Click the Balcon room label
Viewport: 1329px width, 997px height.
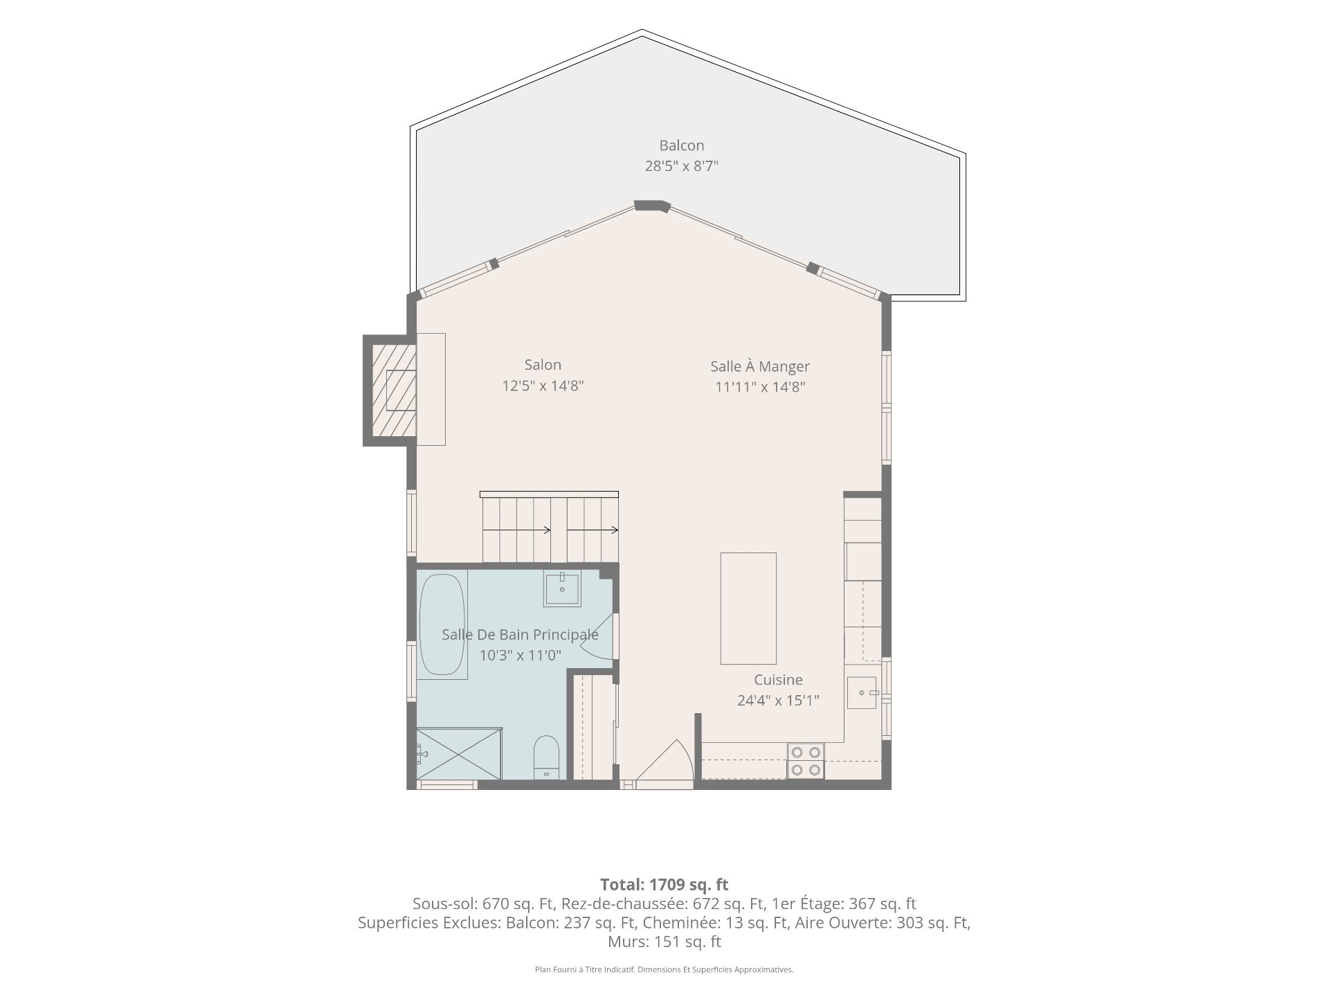click(681, 145)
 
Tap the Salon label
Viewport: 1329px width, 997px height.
click(543, 365)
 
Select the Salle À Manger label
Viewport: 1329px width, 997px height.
click(760, 366)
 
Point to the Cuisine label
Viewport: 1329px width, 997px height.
click(778, 680)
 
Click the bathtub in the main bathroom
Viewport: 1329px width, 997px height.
click(442, 625)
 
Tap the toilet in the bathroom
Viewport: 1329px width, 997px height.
click(547, 757)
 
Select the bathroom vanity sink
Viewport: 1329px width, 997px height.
click(562, 589)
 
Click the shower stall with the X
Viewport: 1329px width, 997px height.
click(459, 753)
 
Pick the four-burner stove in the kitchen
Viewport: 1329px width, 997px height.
click(806, 760)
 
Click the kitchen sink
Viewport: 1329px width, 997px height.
click(862, 693)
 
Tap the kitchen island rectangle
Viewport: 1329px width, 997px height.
click(748, 609)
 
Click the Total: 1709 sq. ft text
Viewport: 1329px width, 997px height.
click(664, 884)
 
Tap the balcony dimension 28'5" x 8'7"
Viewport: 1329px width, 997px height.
click(682, 166)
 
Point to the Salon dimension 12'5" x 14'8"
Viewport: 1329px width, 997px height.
click(543, 386)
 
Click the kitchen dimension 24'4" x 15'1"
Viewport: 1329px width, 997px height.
click(778, 700)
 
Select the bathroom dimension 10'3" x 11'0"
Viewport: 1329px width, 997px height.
click(521, 655)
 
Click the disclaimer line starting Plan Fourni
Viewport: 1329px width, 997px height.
click(664, 970)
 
